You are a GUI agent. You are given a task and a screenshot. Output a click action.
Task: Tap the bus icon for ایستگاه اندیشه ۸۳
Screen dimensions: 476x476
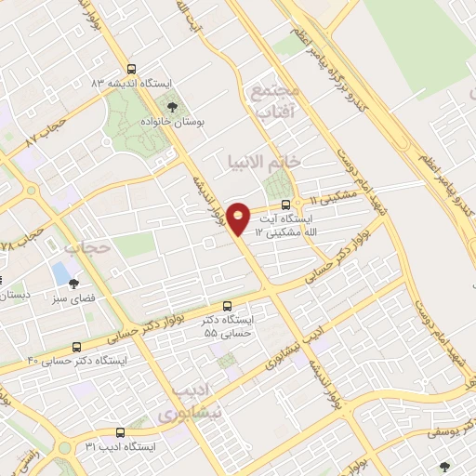(x=131, y=69)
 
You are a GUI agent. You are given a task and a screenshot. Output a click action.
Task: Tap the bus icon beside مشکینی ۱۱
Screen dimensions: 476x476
(x=286, y=205)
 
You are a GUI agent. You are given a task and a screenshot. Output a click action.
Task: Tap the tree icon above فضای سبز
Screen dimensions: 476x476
(x=73, y=285)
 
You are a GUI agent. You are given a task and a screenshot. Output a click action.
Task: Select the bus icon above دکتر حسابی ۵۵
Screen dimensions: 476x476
(x=228, y=306)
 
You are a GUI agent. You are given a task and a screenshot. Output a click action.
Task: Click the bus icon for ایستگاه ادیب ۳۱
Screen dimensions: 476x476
(x=120, y=432)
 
